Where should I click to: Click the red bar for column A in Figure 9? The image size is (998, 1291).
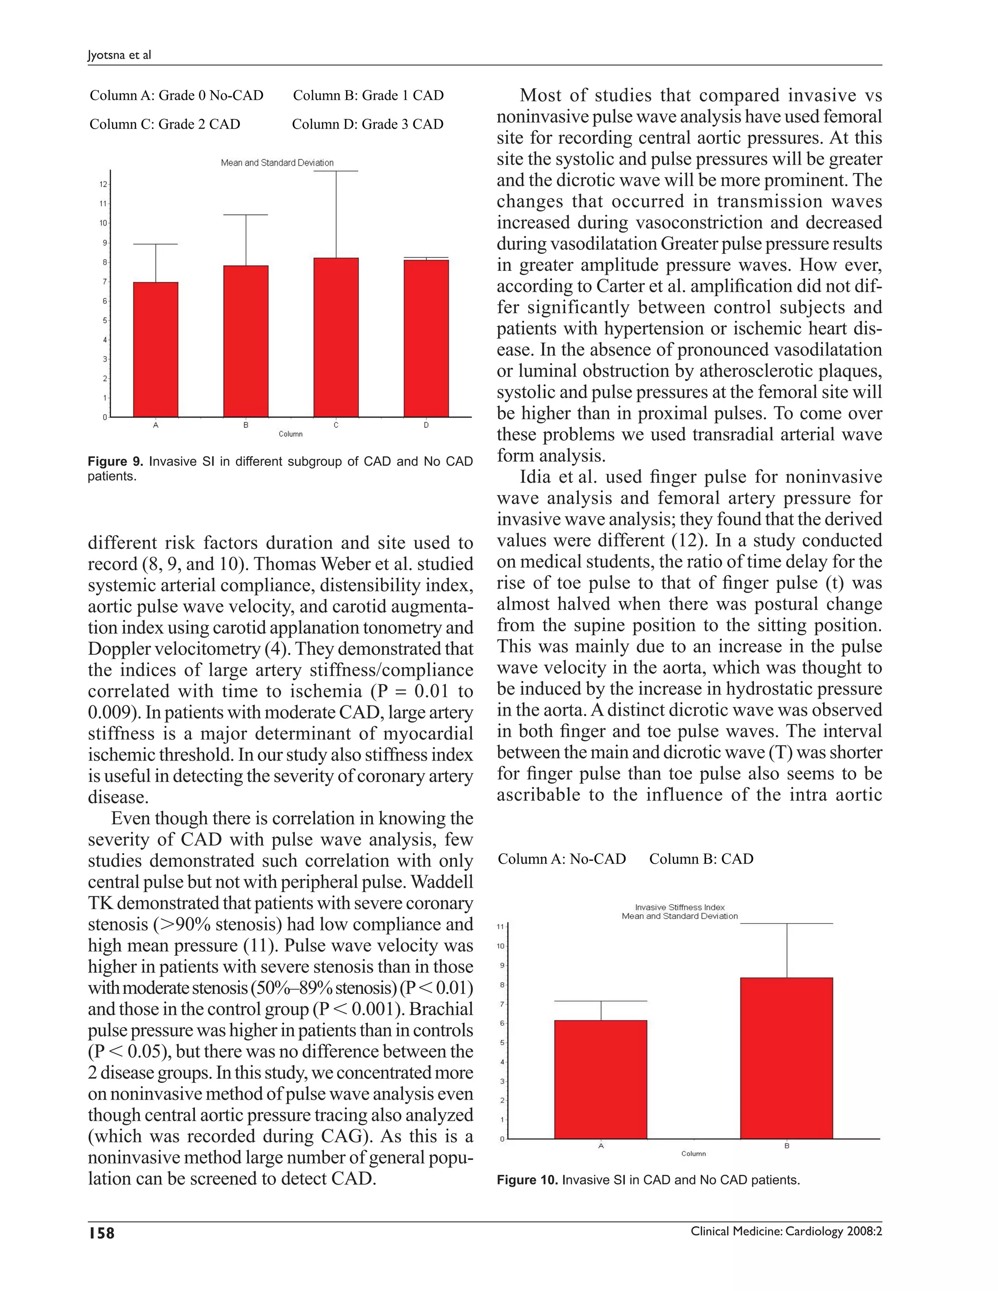pos(155,349)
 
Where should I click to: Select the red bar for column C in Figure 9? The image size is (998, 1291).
pos(336,338)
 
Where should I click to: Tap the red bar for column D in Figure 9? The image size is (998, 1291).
pos(426,339)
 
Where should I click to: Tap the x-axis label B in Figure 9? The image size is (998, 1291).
pos(246,425)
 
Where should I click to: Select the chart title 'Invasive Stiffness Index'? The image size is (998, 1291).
pos(679,907)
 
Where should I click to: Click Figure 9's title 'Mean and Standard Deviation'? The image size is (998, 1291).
pos(277,163)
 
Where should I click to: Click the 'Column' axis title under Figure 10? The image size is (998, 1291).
pos(693,1153)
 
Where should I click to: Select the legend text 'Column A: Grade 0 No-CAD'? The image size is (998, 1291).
pos(176,95)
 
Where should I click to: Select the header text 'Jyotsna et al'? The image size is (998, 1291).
pos(119,55)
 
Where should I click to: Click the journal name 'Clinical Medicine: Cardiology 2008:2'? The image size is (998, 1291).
pos(786,1232)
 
